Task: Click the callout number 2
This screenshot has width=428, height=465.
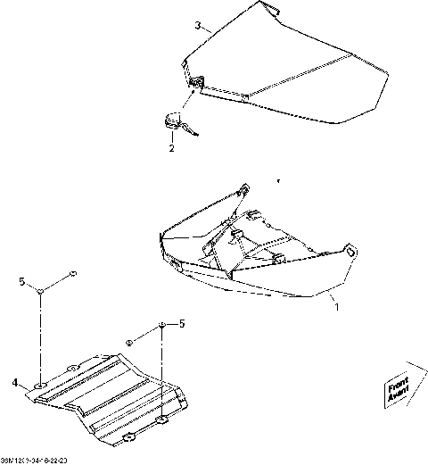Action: coord(172,148)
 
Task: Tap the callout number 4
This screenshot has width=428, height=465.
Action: coord(15,384)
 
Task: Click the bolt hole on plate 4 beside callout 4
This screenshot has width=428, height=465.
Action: coord(41,386)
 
